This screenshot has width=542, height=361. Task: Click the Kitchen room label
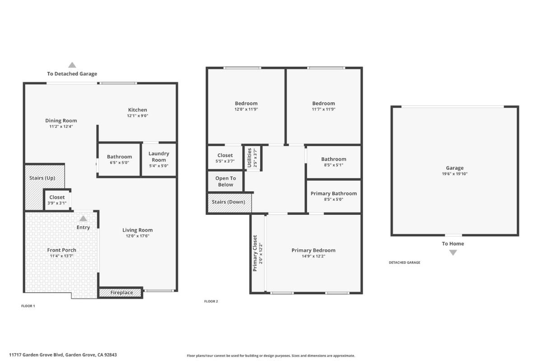pyautogui.click(x=137, y=110)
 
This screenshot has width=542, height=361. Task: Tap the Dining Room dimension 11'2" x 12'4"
pyautogui.click(x=61, y=127)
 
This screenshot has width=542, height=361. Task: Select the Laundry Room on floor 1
pyautogui.click(x=159, y=159)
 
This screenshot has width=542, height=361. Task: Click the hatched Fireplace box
pyautogui.click(x=121, y=293)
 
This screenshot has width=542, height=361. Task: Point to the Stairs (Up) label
pyautogui.click(x=42, y=178)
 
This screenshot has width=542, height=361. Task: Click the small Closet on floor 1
pyautogui.click(x=57, y=200)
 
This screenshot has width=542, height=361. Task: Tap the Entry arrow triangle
pyautogui.click(x=83, y=218)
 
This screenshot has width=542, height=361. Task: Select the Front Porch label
pyautogui.click(x=61, y=250)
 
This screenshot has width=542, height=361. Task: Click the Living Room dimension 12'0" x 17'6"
pyautogui.click(x=138, y=236)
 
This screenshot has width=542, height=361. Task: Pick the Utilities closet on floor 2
pyautogui.click(x=252, y=158)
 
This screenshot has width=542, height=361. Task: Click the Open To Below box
pyautogui.click(x=225, y=181)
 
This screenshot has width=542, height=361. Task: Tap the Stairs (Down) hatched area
pyautogui.click(x=229, y=202)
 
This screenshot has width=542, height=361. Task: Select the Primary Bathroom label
pyautogui.click(x=333, y=194)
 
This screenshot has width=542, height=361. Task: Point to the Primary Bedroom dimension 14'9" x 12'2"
pyautogui.click(x=313, y=256)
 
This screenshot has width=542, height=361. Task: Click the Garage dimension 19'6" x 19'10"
pyautogui.click(x=454, y=174)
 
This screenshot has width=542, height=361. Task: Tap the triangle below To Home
pyautogui.click(x=453, y=253)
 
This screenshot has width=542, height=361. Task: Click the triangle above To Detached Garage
pyautogui.click(x=72, y=65)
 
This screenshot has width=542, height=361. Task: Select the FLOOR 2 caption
pyautogui.click(x=211, y=301)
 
